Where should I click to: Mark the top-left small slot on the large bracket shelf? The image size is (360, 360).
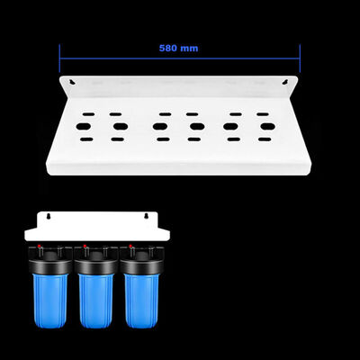click(x=78, y=114)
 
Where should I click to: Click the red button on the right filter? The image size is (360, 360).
click(x=131, y=247)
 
